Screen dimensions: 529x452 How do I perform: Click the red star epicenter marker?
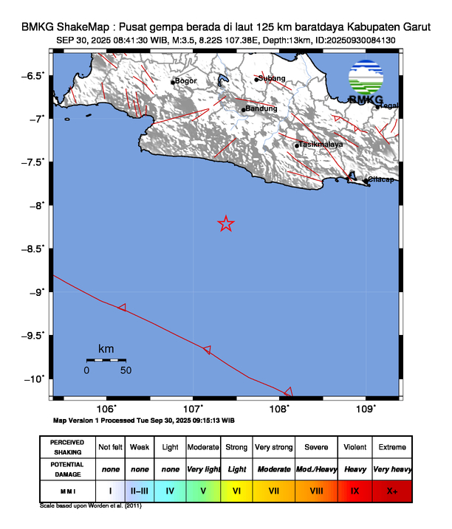tap(226, 224)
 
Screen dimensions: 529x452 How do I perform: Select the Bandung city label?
tap(261, 109)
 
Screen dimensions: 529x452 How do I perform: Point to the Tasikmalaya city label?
tap(321, 145)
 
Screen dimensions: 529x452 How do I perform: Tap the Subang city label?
tap(272, 78)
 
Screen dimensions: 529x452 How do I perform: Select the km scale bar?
tap(106, 360)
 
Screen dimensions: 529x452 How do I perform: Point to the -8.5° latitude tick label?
tap(35, 249)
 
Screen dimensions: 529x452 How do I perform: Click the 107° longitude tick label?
tap(194, 408)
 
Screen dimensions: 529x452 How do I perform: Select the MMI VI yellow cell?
tap(237, 490)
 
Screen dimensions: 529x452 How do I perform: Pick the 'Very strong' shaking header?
tap(273, 447)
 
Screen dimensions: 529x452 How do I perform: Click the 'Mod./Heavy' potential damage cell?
tap(316, 469)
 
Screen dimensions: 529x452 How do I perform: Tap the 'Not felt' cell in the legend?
tap(110, 447)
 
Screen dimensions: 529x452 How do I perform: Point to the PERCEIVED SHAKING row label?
tap(67, 447)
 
